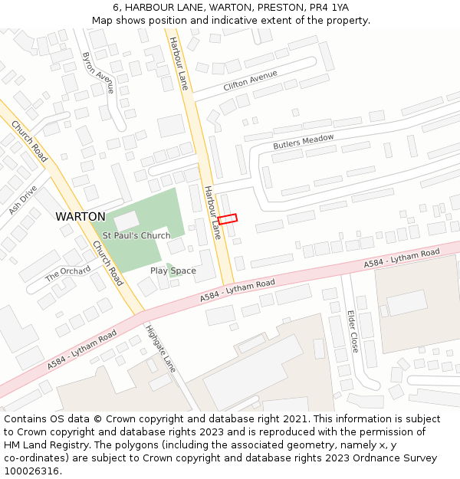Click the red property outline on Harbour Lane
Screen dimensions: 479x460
(x=228, y=218)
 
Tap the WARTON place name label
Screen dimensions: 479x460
(x=80, y=217)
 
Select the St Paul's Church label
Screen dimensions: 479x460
(x=136, y=235)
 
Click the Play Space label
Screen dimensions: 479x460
(x=172, y=271)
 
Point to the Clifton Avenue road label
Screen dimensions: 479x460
(x=250, y=80)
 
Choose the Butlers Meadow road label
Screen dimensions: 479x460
(x=304, y=142)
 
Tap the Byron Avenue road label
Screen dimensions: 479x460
(x=97, y=73)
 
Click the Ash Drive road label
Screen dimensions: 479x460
(x=22, y=199)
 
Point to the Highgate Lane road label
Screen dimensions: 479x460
(x=160, y=349)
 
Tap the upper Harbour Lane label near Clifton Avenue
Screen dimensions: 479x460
(x=179, y=64)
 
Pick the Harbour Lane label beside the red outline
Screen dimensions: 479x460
(x=212, y=212)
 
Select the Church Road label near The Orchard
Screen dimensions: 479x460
(x=107, y=264)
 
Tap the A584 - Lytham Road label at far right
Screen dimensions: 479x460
(x=402, y=258)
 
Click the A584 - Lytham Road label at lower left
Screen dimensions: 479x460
(x=82, y=350)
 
